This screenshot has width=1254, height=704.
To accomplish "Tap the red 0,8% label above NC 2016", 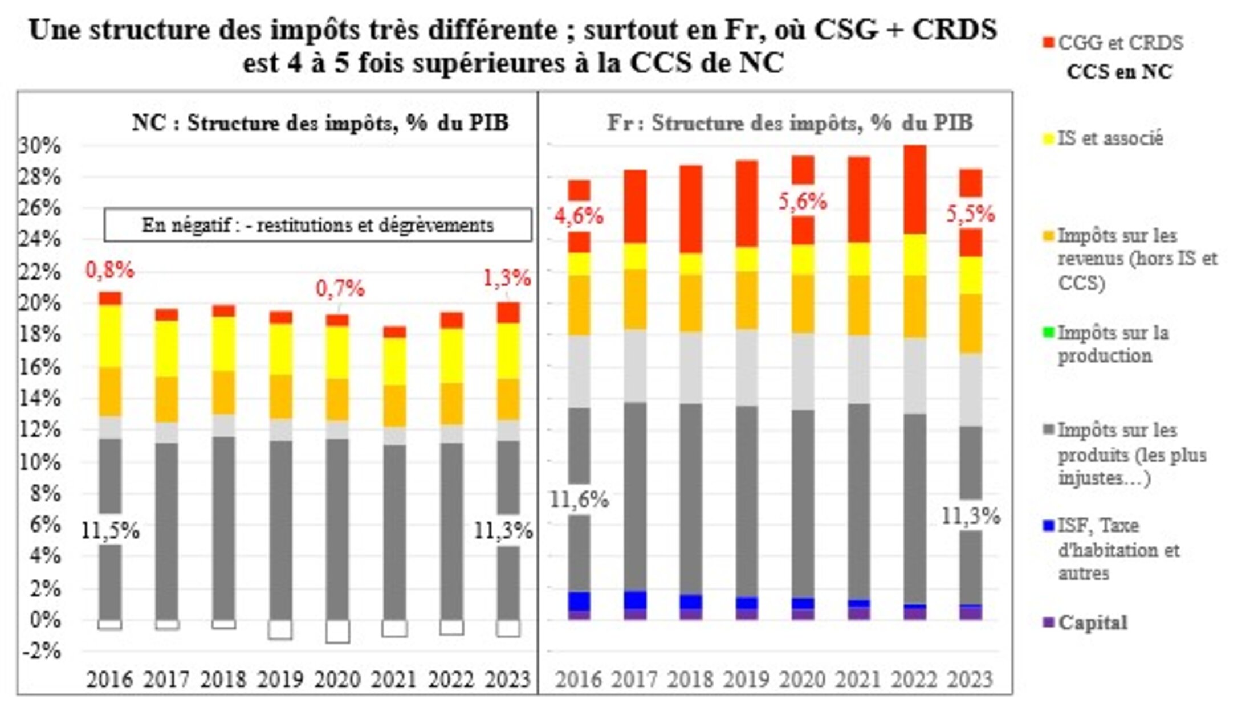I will click(110, 271).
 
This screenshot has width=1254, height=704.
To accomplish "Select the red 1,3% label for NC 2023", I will click(507, 279).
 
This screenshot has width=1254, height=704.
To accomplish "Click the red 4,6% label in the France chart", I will click(579, 216).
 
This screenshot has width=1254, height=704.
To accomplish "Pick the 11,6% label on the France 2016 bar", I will click(579, 500).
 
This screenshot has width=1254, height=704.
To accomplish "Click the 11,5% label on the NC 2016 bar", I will click(110, 531).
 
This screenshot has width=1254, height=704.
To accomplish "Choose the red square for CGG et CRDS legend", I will click(1048, 43).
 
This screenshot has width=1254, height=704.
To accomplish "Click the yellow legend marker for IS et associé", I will click(1048, 139).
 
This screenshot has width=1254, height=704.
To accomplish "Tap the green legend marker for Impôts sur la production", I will click(1048, 333).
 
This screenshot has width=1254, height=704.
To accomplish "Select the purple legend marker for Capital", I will click(1048, 623).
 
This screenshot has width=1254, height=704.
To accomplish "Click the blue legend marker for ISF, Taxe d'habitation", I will click(1048, 526).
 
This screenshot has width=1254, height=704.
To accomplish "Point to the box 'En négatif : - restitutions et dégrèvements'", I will click(317, 225).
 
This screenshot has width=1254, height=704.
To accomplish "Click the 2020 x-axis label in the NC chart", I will click(337, 680).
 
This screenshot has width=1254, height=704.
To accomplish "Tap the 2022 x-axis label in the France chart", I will click(915, 680).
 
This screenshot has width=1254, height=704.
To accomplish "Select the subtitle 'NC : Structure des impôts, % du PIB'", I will click(320, 123).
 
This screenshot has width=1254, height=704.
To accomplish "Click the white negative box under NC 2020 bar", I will click(337, 631).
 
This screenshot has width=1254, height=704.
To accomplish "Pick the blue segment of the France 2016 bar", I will click(579, 601).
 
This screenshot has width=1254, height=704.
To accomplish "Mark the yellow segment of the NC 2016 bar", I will click(110, 336).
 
